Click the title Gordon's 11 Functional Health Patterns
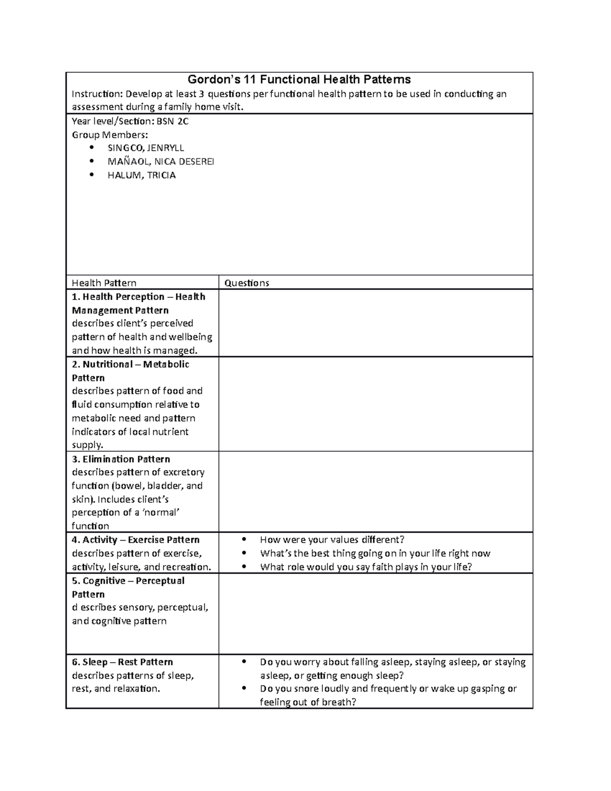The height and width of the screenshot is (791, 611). coord(299,79)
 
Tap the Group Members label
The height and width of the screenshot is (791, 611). coord(109,134)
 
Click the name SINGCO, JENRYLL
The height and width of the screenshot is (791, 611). coord(146,148)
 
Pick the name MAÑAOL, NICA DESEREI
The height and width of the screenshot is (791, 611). coord(161,161)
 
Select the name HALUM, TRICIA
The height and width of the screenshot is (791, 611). coord(142,175)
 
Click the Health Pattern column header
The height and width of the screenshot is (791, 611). coord(104,283)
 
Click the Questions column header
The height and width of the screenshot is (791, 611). coord(246,283)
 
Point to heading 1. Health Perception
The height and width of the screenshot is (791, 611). coord(138,297)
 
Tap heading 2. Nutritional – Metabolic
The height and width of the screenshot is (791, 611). coord(130,364)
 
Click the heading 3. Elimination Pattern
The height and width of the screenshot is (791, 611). coord(121,459)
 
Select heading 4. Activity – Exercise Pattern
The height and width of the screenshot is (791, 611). coord(135,540)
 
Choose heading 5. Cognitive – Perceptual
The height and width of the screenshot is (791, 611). coord(128,581)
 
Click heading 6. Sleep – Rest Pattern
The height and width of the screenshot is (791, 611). coord(122,662)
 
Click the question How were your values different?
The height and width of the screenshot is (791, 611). coord(332,540)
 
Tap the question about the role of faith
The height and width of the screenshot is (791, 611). coord(366,567)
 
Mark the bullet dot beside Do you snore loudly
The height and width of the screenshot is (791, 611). coord(244,689)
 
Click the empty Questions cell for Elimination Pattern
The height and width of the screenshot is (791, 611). coord(376,492)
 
